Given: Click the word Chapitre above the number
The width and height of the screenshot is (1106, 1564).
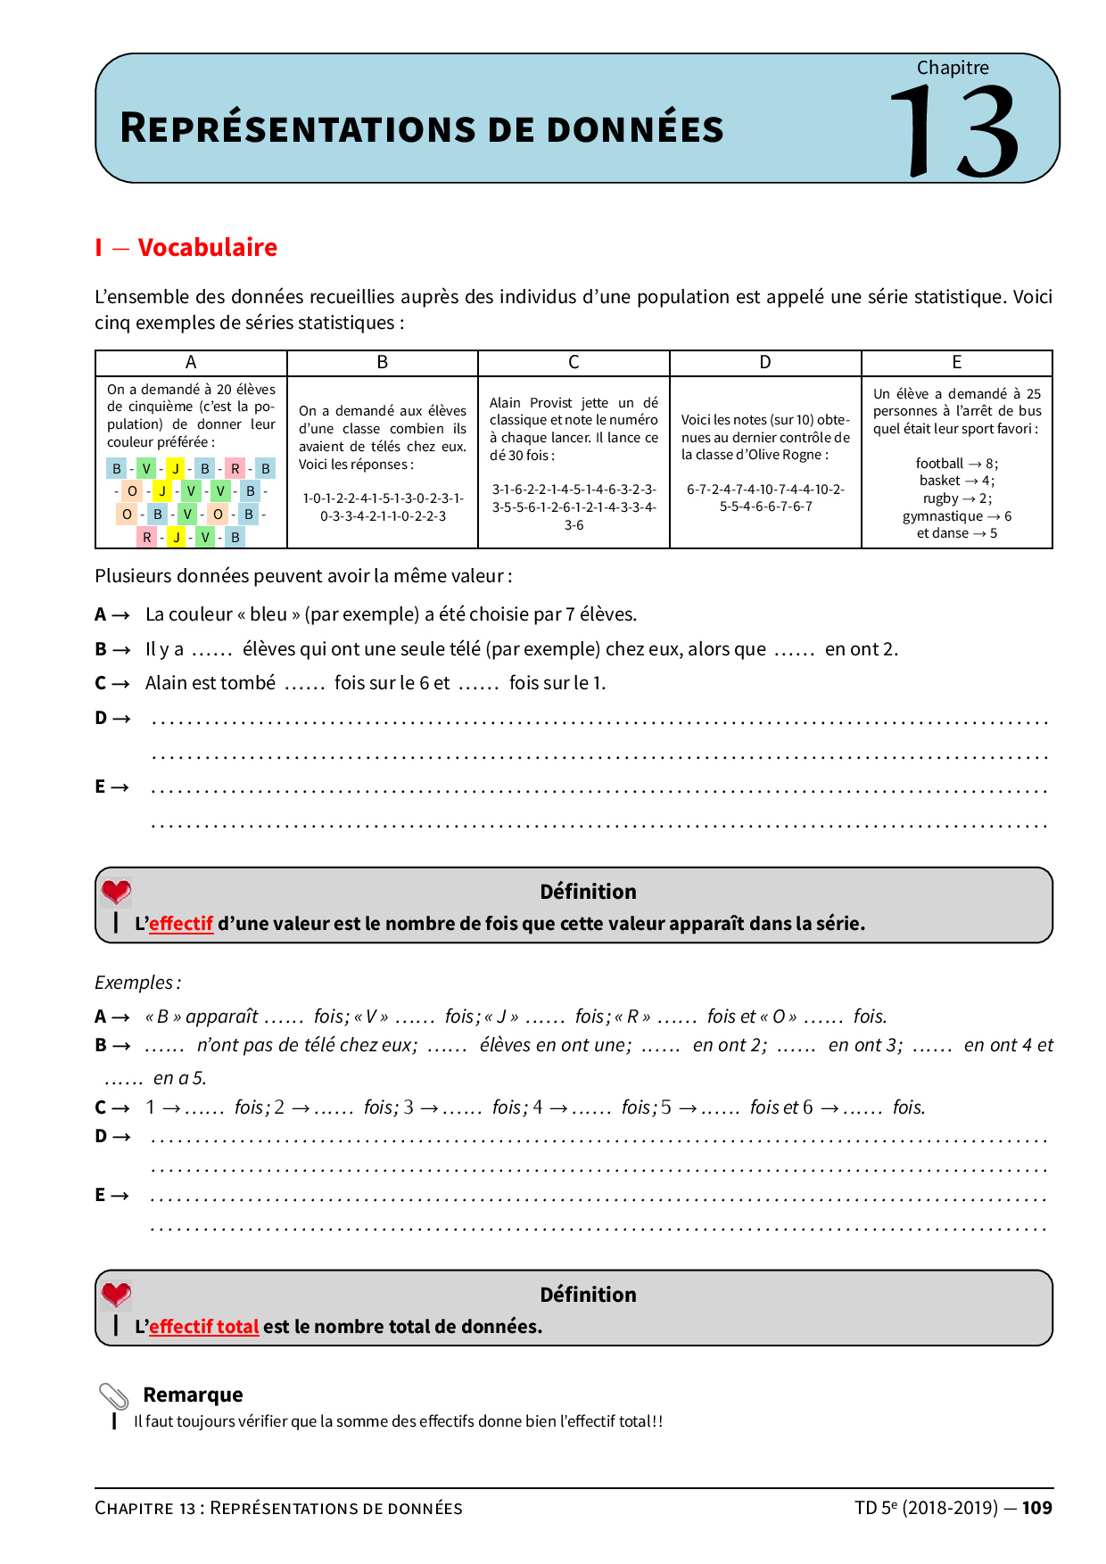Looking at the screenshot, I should coord(953,68).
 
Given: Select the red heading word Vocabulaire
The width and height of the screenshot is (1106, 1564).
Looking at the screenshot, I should coord(207,247).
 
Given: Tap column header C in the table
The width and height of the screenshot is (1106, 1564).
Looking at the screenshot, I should coord(574,362).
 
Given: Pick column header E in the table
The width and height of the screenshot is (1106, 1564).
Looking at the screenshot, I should coord(956,362).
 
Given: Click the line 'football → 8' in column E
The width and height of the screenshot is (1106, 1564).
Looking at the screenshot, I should coord(956,464).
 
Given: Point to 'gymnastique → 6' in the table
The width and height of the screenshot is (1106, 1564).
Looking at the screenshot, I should coord(956,516).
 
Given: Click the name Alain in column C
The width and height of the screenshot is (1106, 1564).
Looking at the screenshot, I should coord(505,403).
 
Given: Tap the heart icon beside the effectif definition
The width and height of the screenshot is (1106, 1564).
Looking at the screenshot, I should coord(116,891).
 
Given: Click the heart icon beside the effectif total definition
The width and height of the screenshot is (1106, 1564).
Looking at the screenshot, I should coord(116,1294).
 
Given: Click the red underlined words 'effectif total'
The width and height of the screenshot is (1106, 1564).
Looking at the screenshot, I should coord(203,1327).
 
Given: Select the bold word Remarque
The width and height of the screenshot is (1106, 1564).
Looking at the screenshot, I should coord(193,1395).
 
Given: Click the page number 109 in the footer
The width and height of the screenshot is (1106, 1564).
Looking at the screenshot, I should coord(1036,1508).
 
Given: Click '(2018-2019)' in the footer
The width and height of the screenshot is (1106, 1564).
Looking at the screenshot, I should coord(950,1508).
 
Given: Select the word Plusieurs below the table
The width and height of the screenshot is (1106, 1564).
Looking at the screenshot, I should coord(132,576).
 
